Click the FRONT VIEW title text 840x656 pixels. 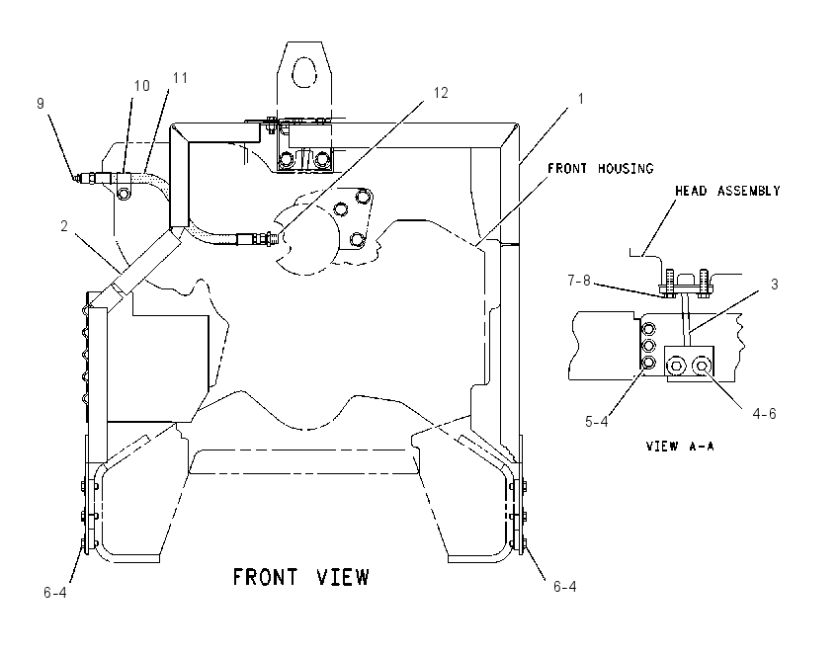(300, 577)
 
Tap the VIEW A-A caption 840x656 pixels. (680, 447)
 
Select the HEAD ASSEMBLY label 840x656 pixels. (727, 191)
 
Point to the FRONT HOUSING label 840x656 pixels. (601, 169)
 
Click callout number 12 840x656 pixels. (441, 93)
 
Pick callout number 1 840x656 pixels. (580, 99)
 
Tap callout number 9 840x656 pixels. (41, 104)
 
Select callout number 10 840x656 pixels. (141, 86)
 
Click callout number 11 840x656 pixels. (180, 78)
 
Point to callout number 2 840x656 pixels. (64, 226)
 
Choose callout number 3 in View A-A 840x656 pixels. (774, 285)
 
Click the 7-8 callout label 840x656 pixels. (579, 280)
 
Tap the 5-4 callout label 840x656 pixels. (596, 422)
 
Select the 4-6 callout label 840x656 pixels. (764, 413)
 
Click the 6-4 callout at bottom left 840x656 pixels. (55, 592)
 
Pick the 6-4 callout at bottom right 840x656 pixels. (564, 587)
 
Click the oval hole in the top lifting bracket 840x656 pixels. (304, 71)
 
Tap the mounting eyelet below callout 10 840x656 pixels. (124, 193)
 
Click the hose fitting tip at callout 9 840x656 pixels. (77, 178)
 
